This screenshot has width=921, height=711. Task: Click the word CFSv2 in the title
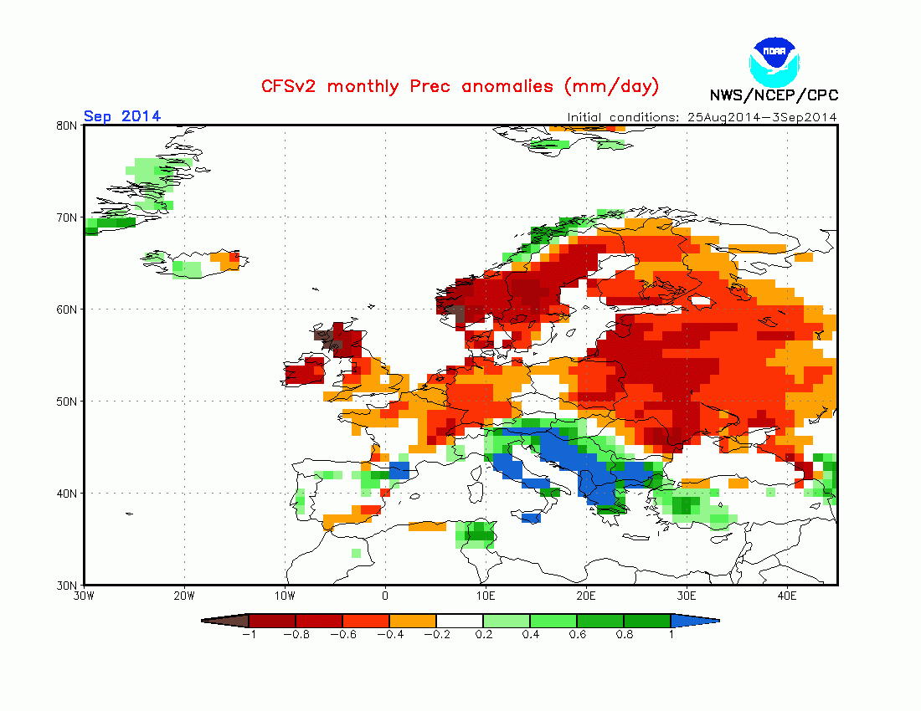point(291,86)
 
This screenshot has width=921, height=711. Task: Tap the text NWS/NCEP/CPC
point(774,95)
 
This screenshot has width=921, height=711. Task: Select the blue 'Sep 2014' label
point(122,116)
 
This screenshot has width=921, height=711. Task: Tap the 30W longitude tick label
point(84,596)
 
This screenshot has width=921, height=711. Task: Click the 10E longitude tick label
point(486,596)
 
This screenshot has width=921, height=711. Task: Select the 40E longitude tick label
point(787,596)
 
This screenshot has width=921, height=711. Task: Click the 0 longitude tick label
point(385,596)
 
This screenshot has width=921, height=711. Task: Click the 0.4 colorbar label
point(529,635)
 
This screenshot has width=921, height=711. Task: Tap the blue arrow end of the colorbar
point(694,621)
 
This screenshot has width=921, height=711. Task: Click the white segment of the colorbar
point(459,621)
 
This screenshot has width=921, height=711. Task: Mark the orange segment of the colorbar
point(412,621)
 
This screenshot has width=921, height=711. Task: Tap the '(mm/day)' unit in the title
point(611,86)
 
